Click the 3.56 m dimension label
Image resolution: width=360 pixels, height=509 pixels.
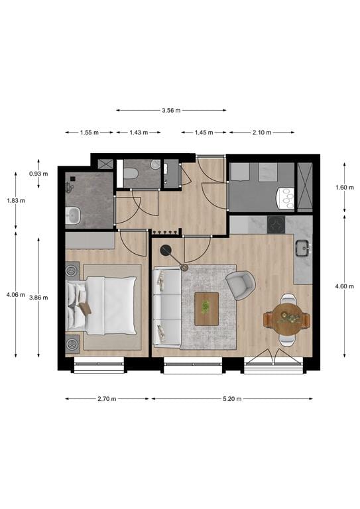[171, 111]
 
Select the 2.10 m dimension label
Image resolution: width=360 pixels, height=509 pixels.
[262, 133]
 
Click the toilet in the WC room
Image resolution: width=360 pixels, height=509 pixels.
[131, 174]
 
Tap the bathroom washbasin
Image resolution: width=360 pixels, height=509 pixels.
[73, 214]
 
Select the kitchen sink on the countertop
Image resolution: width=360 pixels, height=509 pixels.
[303, 249]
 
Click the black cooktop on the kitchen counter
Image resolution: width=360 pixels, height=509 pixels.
[276, 224]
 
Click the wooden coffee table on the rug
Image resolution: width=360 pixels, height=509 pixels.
[206, 309]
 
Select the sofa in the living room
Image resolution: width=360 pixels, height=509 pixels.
[165, 307]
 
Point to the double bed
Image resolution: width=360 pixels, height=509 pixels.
[103, 306]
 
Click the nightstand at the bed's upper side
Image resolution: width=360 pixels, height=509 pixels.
[73, 270]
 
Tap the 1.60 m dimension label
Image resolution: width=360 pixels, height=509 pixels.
[341, 188]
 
